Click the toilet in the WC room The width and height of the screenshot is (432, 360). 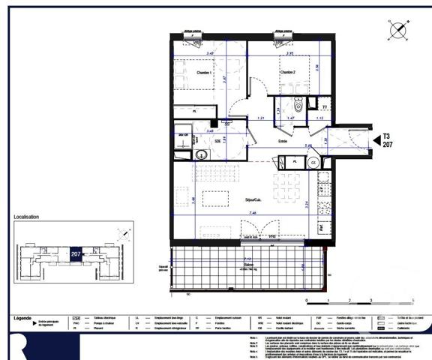coord(298,105)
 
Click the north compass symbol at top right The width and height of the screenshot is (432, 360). coord(398,31)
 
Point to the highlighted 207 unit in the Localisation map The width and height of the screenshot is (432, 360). coord(76,254)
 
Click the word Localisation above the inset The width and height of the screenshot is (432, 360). coord(27,217)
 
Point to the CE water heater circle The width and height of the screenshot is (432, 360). coord(313,161)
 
